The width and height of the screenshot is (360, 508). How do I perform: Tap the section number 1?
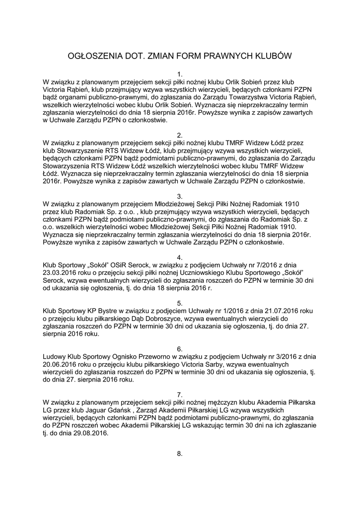[x=180, y=74]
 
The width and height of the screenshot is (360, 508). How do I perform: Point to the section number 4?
[x=180, y=256]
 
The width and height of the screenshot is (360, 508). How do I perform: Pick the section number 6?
[x=180, y=349]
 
